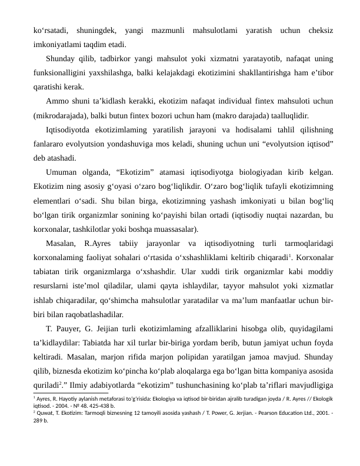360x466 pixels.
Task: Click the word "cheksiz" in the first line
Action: [318, 29]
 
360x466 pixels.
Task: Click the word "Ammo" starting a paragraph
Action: [58, 101]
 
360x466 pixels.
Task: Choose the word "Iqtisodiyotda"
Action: [69, 129]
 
